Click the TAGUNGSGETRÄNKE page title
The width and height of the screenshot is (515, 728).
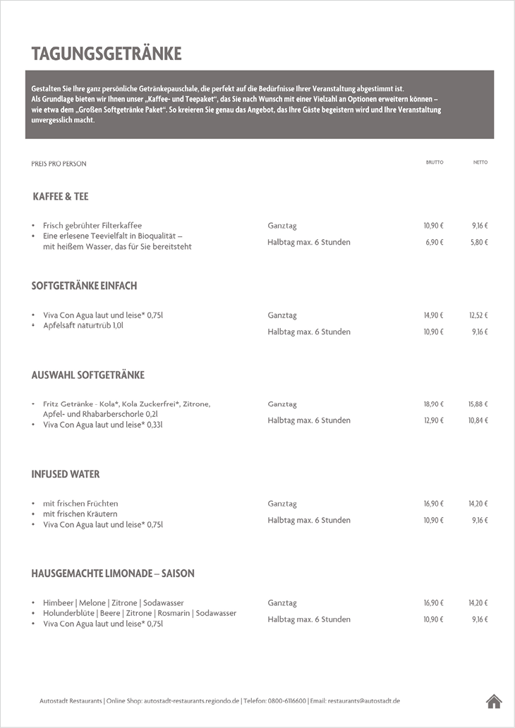[x=107, y=54]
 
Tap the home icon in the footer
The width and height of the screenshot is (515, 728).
[x=494, y=700]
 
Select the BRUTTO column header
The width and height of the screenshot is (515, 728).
[x=434, y=162]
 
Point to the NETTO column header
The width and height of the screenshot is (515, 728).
[x=480, y=162]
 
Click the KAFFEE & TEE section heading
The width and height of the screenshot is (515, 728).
[x=61, y=197]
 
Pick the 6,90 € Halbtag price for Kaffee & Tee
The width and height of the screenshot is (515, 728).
[x=434, y=242]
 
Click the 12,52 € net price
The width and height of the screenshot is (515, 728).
[x=478, y=315]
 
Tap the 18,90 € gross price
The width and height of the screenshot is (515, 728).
[x=433, y=404]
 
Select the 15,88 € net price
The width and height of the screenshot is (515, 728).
[x=478, y=404]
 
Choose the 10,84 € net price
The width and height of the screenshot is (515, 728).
[x=478, y=420]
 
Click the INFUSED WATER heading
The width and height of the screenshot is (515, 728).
[x=66, y=474]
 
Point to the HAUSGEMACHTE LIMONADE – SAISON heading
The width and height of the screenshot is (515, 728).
[x=113, y=574]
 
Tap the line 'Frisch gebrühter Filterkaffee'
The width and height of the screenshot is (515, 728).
[x=92, y=226]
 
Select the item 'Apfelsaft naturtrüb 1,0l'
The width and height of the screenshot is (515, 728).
[x=83, y=326]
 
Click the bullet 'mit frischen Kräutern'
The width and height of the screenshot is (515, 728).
[x=80, y=514]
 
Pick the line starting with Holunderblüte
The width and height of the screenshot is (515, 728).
[x=140, y=614]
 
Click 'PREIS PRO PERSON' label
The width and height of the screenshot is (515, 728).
[x=59, y=164]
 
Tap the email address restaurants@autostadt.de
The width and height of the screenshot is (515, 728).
[x=364, y=700]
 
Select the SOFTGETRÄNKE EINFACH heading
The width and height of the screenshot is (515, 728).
[x=84, y=286]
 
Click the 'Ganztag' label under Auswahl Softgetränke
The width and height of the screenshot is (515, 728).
[x=282, y=404]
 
